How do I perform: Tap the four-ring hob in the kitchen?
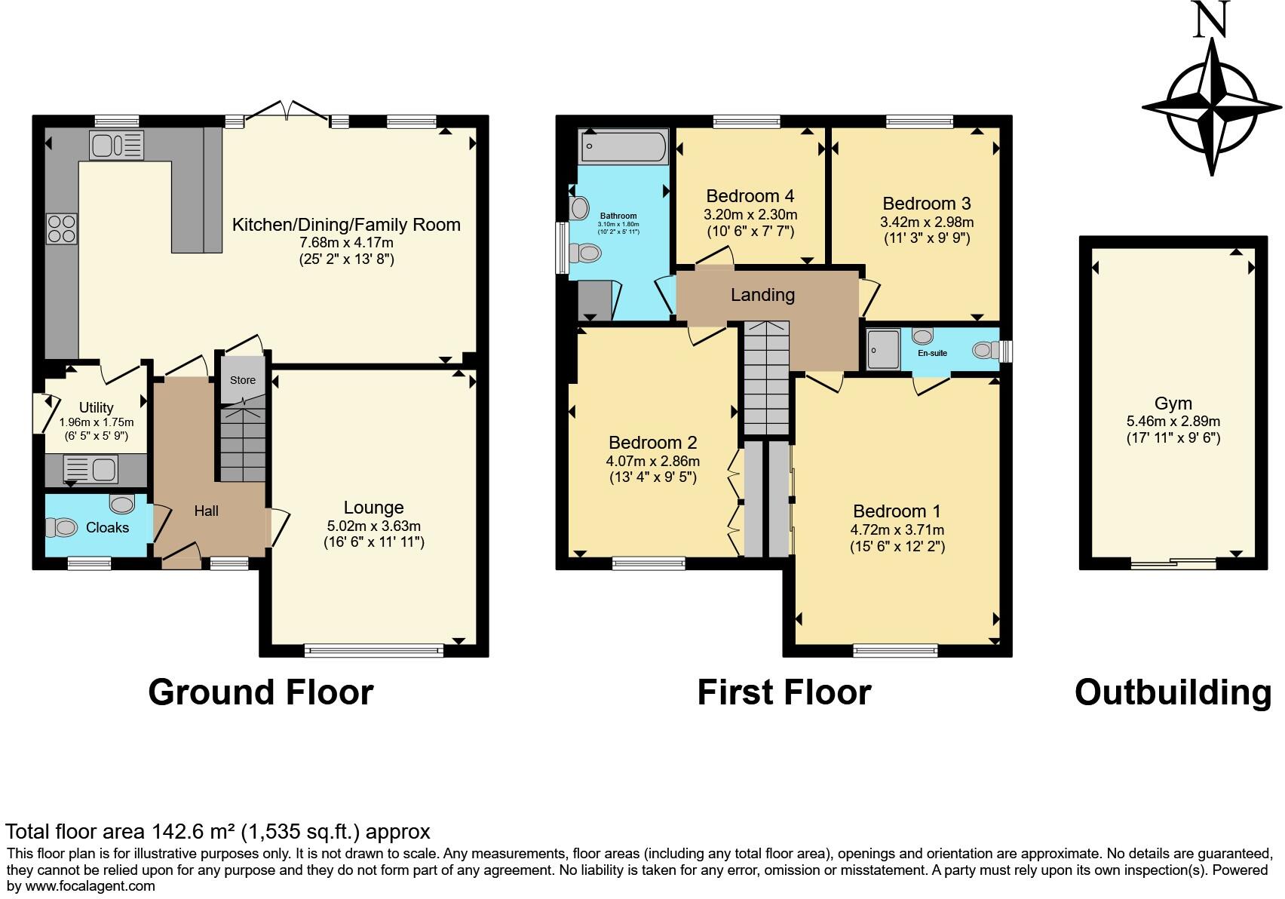click(x=62, y=229)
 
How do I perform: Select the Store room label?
click(x=243, y=380)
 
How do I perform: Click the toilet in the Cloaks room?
click(x=65, y=527)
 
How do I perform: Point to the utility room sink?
click(x=90, y=468)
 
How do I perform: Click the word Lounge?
click(x=373, y=508)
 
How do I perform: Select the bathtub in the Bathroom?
click(x=623, y=146)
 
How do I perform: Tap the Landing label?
click(x=762, y=295)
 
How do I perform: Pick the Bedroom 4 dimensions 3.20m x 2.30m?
click(x=750, y=214)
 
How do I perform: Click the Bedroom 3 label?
click(x=926, y=203)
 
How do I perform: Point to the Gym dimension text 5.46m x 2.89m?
click(x=1173, y=422)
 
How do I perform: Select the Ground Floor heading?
click(x=260, y=692)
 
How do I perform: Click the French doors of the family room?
click(x=287, y=113)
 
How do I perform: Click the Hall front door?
click(x=181, y=560)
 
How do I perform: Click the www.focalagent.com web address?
click(x=90, y=886)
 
